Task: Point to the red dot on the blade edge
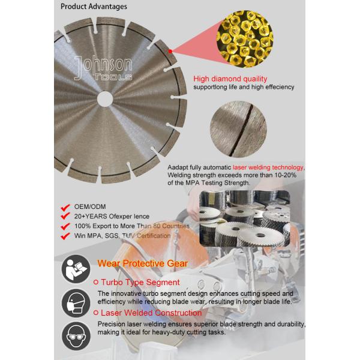(170, 52)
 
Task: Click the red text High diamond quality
(230, 79)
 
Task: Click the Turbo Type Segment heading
(140, 281)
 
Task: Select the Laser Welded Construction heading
(151, 313)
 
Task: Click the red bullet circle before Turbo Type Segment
(97, 282)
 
